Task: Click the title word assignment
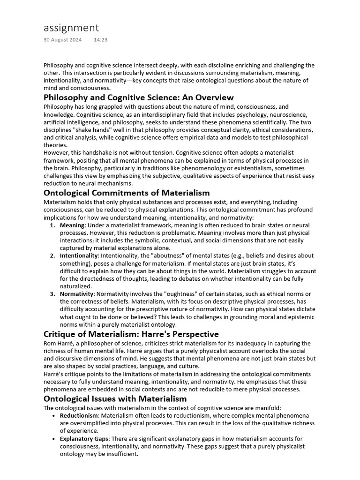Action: tap(71, 28)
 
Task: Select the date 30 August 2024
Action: tap(62, 40)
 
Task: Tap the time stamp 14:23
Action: tap(100, 40)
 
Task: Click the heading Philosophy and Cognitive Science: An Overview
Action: tap(138, 97)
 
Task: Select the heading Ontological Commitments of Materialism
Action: tap(127, 193)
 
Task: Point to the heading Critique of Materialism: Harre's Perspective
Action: tap(131, 334)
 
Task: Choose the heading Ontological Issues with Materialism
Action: tap(115, 399)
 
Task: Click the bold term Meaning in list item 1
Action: tap(72, 225)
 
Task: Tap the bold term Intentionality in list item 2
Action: tap(79, 256)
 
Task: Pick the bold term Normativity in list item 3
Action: tap(77, 294)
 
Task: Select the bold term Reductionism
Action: tap(79, 416)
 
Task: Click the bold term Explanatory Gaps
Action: tap(84, 439)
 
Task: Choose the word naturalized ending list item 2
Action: tap(75, 286)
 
